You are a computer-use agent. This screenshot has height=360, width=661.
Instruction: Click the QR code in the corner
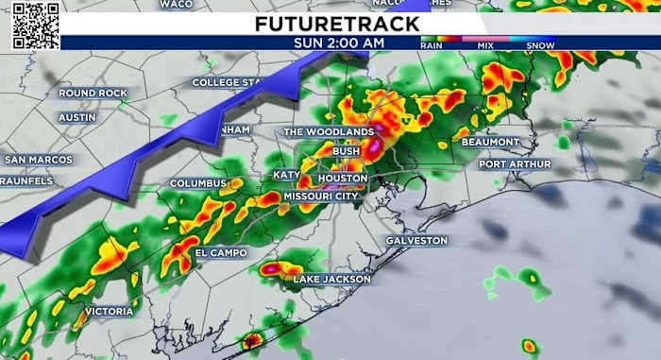pyautogui.click(x=36, y=26)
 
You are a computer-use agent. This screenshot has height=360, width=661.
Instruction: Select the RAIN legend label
pyautogui.click(x=433, y=44)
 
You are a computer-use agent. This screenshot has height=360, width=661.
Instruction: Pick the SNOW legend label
pyautogui.click(x=540, y=44)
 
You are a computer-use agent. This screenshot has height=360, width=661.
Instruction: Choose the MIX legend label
pyautogui.click(x=485, y=44)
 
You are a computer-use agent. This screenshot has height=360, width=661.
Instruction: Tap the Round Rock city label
pyautogui.click(x=92, y=94)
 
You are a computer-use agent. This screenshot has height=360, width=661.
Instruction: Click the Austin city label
pyautogui.click(x=77, y=118)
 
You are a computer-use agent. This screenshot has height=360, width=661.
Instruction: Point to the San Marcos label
pyautogui.click(x=38, y=160)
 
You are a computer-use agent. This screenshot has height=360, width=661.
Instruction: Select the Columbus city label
pyautogui.click(x=198, y=183)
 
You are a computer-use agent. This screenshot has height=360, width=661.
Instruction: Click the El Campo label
pyautogui.click(x=221, y=253)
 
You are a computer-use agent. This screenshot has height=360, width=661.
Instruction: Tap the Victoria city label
pyautogui.click(x=109, y=311)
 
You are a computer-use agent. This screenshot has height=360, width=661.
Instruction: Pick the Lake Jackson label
pyautogui.click(x=327, y=280)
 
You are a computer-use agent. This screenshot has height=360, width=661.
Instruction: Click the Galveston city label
pyautogui.click(x=416, y=241)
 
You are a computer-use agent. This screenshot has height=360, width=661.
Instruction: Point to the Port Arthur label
pyautogui.click(x=513, y=163)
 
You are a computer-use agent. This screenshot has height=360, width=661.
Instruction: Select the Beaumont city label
pyautogui.click(x=490, y=143)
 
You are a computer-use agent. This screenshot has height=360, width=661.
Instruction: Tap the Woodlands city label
pyautogui.click(x=329, y=132)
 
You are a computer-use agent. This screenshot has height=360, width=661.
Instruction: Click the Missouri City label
pyautogui.click(x=321, y=197)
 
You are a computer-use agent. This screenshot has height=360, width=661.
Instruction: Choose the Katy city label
pyautogui.click(x=286, y=175)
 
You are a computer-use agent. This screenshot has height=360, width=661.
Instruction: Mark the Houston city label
pyautogui.click(x=342, y=179)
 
